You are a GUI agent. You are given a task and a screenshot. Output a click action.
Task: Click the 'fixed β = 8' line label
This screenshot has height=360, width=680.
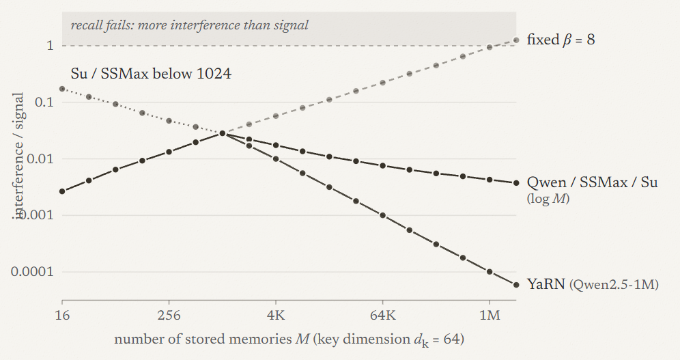tap(561, 40)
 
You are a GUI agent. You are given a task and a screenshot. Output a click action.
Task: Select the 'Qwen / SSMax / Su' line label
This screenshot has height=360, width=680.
tap(592, 182)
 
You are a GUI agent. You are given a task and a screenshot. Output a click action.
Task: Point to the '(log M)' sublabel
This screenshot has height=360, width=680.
tap(548, 199)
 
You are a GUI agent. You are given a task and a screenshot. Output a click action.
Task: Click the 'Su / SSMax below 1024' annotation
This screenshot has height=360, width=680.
tap(151, 73)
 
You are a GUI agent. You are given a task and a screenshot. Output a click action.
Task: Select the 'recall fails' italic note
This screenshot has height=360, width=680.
tap(190, 25)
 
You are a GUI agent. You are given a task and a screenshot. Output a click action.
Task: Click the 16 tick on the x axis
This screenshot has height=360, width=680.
tap(62, 314)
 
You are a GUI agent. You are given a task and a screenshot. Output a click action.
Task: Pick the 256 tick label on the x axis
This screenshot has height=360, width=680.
tap(169, 314)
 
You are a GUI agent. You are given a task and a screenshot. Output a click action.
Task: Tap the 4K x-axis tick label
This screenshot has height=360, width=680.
tap(276, 314)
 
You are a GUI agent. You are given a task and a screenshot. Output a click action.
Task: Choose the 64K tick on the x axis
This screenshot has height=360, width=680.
tap(383, 314)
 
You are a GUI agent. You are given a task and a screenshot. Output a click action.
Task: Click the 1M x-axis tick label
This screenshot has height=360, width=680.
tap(490, 314)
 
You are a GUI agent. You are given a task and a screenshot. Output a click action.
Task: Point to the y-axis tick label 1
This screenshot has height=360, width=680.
tap(51, 45)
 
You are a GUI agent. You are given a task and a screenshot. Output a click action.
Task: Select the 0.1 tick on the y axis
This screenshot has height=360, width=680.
tap(44, 102)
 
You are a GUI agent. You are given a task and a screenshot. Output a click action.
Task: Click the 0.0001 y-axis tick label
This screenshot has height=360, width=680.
tap(33, 271)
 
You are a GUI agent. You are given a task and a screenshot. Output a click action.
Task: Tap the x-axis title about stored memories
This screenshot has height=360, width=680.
tap(289, 339)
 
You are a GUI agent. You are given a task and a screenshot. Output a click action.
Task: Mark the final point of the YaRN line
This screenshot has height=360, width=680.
tap(516, 285)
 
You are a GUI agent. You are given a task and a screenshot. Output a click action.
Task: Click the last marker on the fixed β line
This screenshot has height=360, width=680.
tap(516, 40)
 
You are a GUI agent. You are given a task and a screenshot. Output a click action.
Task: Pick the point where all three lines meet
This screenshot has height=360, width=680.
tap(223, 133)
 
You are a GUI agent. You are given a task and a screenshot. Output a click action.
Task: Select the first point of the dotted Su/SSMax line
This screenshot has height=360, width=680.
tap(62, 89)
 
